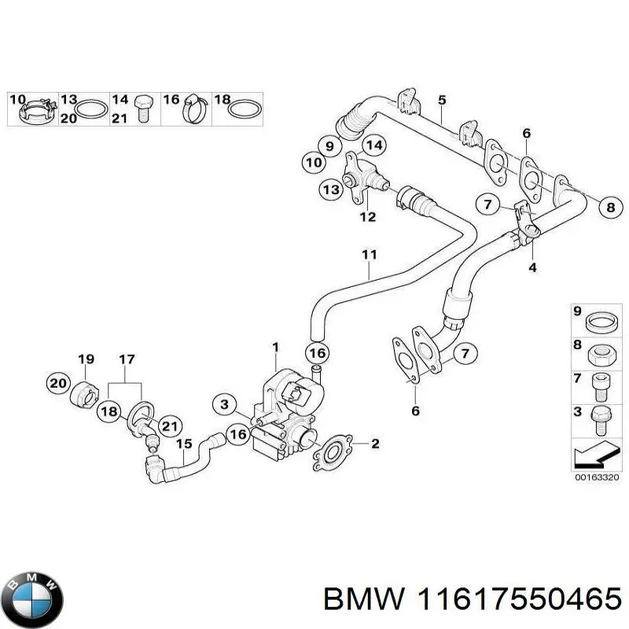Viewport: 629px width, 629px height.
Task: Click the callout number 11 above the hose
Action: (x=370, y=254)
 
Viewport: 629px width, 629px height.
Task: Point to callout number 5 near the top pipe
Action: (x=442, y=100)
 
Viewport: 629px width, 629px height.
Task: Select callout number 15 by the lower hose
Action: (x=182, y=444)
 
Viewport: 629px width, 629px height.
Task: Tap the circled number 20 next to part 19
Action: (x=57, y=383)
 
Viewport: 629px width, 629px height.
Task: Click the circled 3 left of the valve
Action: (x=225, y=404)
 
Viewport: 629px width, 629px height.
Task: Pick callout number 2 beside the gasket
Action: (x=375, y=444)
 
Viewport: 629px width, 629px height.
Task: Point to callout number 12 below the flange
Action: (x=367, y=216)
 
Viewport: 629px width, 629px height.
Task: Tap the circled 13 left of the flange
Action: (x=331, y=189)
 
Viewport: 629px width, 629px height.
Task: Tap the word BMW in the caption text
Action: (x=354, y=601)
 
